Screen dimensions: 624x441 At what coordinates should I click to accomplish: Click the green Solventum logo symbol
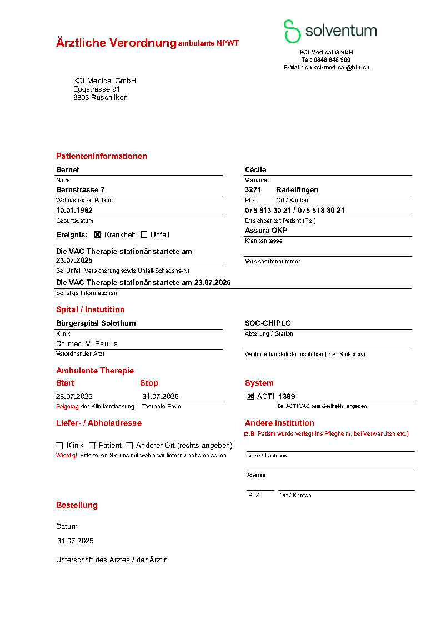point(292,31)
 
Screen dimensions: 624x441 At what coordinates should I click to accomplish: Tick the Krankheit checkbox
point(98,234)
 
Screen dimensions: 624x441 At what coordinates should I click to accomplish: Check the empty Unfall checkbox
point(144,234)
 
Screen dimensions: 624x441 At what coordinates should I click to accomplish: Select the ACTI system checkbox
point(250,396)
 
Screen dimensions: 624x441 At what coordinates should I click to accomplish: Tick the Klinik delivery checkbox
point(59,445)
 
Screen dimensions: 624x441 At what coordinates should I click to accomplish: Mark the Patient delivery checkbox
point(92,445)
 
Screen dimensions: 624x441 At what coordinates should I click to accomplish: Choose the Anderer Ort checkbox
point(129,445)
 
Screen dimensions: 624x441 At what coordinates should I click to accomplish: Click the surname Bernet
point(68,169)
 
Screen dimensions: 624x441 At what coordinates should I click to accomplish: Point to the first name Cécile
point(255,169)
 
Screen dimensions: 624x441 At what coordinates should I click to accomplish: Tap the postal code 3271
point(253,189)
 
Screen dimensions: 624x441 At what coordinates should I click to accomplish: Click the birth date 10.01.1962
point(74,210)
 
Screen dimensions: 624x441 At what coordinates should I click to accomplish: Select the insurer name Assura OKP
point(266,230)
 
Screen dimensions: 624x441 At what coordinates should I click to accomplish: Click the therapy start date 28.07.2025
point(74,396)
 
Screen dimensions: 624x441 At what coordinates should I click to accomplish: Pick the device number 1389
point(287,396)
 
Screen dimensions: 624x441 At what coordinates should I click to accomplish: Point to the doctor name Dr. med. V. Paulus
point(87,343)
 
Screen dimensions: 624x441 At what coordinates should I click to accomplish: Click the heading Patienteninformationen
point(102,156)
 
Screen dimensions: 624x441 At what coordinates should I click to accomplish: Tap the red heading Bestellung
point(77,505)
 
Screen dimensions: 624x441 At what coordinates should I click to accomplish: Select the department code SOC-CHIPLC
point(268,323)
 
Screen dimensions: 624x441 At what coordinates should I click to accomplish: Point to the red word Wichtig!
point(67,455)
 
